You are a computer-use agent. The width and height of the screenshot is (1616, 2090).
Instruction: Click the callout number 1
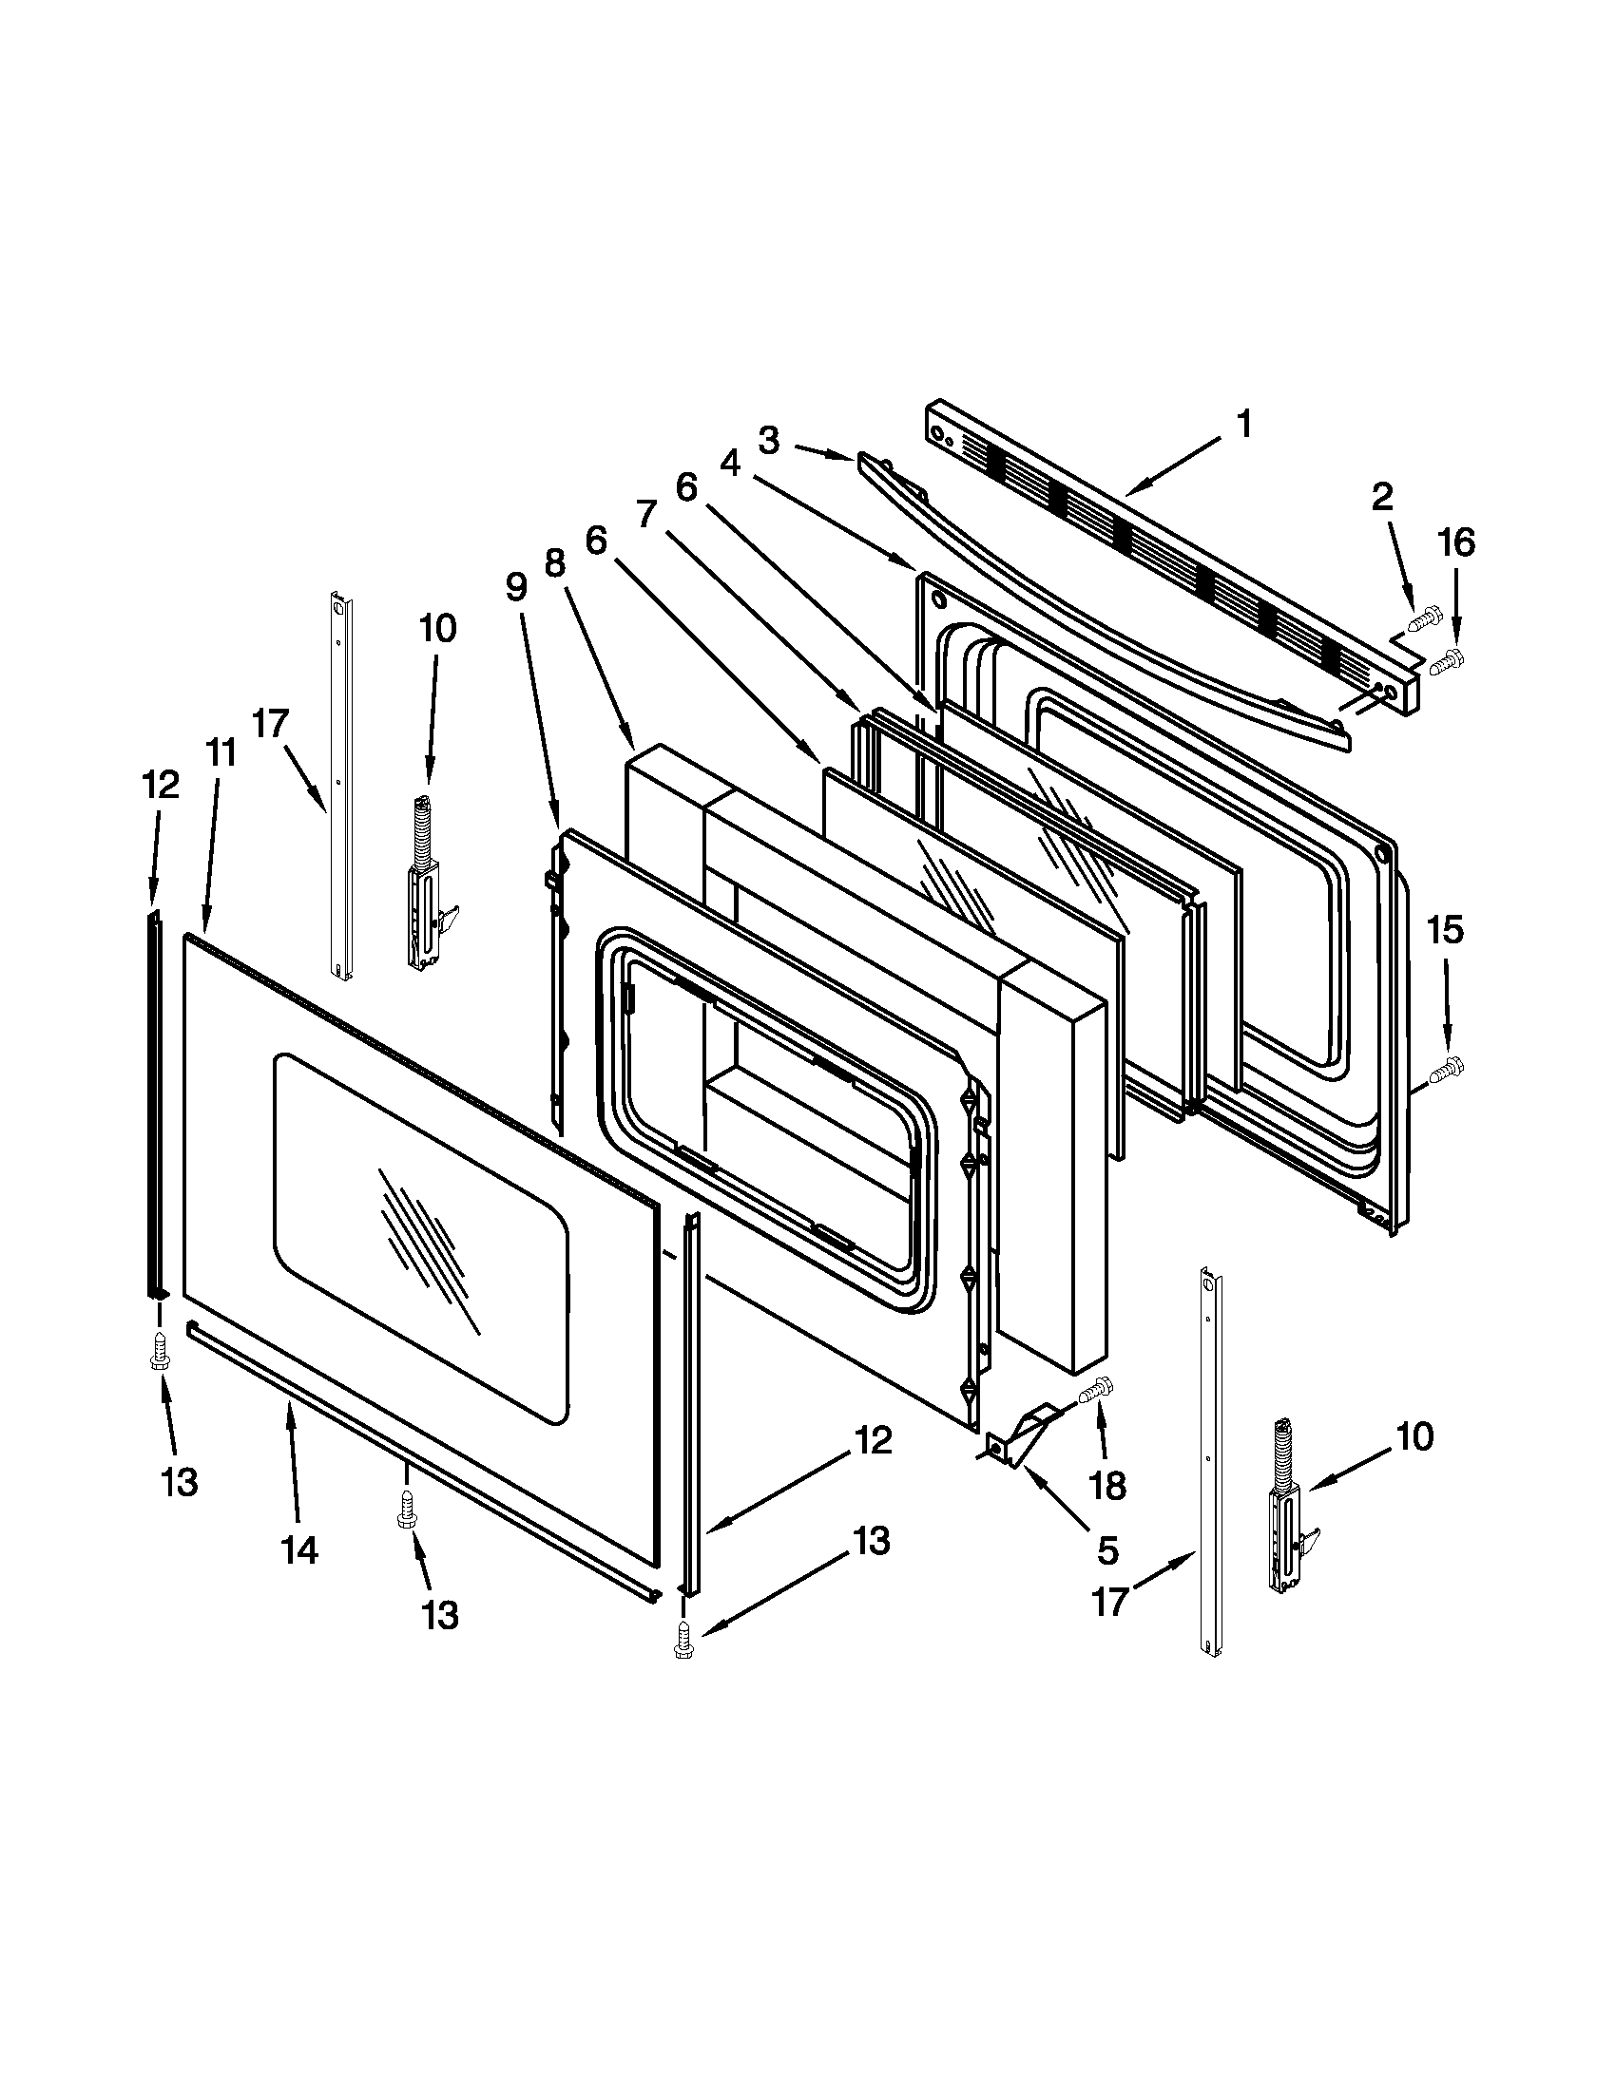pyautogui.click(x=1242, y=423)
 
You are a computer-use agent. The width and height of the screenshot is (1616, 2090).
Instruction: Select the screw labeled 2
pyautogui.click(x=1423, y=619)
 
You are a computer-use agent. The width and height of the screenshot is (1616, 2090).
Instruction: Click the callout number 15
pyautogui.click(x=1446, y=928)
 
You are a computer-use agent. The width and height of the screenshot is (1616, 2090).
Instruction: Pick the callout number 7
pyautogui.click(x=647, y=515)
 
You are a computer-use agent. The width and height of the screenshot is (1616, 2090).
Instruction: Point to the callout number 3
pyautogui.click(x=769, y=441)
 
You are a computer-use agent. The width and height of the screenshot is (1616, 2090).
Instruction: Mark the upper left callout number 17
pyautogui.click(x=271, y=725)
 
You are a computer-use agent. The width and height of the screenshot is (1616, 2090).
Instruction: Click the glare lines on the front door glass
pyautogui.click(x=426, y=1244)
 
